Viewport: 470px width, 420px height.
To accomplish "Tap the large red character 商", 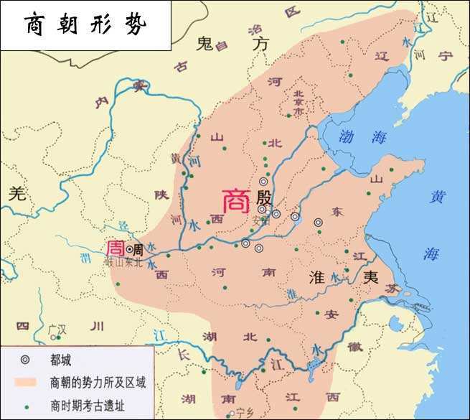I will pyautogui.click(x=236, y=201).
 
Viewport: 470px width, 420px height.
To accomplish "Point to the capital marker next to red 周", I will pyautogui.click(x=129, y=249).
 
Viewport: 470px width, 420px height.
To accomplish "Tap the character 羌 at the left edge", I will pyautogui.click(x=16, y=192).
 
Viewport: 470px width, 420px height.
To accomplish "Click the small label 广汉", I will pyautogui.click(x=57, y=332).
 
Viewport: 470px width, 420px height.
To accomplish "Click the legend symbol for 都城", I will pyautogui.click(x=25, y=358).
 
